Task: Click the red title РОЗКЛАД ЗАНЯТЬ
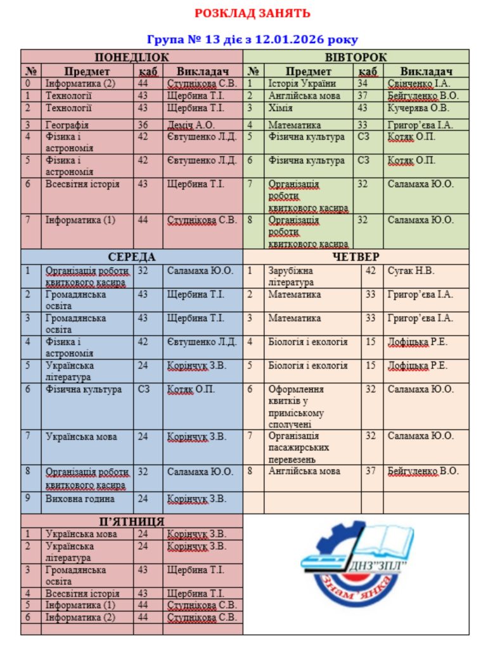tap(252, 13)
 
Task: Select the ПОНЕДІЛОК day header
tap(132, 57)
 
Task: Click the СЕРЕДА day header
tap(132, 256)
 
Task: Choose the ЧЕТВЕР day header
tap(356, 256)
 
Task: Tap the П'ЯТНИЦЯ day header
tap(132, 521)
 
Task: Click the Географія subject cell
tap(67, 125)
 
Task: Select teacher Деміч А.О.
tap(191, 125)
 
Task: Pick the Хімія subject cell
tap(280, 108)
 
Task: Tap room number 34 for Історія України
tap(362, 83)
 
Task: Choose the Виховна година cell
tap(80, 499)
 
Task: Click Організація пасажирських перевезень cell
tap(299, 448)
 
